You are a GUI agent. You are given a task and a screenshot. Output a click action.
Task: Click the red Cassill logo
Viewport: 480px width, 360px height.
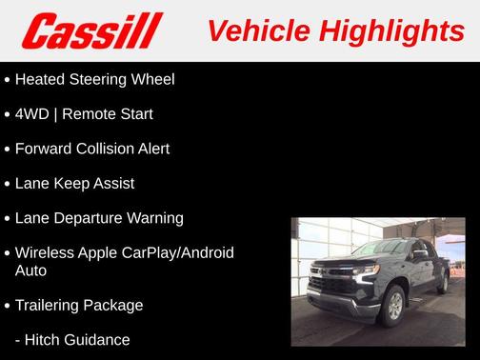[x=93, y=30]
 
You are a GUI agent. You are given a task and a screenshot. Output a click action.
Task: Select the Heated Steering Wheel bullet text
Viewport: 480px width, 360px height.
[x=94, y=79]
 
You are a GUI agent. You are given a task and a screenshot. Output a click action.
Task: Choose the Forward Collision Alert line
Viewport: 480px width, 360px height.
[x=92, y=149]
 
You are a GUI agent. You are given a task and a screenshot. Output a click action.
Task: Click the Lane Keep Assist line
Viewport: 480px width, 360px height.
[x=74, y=183]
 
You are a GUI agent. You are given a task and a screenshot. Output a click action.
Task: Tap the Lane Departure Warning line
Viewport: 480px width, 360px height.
[x=99, y=218]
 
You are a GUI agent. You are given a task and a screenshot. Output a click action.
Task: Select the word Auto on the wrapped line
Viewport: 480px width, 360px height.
[x=30, y=270]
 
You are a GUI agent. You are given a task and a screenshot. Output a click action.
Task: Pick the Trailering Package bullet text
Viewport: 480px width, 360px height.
[x=79, y=305]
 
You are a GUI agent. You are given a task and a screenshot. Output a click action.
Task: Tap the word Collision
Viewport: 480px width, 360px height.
[x=110, y=149]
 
